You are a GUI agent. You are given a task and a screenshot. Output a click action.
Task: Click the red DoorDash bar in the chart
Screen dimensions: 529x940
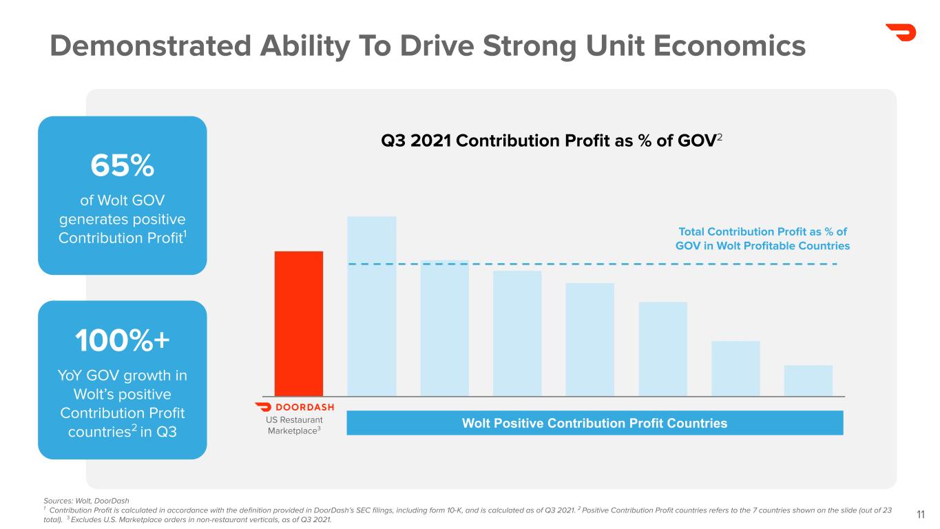pos(299,323)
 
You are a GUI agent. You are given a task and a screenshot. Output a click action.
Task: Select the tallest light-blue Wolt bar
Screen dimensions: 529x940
pos(372,306)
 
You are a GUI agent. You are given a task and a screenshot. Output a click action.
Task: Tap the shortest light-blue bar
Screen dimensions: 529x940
pos(808,380)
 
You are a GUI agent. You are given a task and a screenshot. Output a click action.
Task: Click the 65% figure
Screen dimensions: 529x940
pos(123,165)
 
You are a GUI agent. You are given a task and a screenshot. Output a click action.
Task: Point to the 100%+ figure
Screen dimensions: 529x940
pos(123,341)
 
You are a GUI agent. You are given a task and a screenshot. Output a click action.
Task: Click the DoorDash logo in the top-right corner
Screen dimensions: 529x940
pos(900,32)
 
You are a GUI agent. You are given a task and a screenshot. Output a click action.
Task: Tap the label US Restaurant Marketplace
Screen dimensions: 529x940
pos(295,424)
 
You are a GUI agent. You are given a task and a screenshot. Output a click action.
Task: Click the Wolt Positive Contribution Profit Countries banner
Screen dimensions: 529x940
pos(594,423)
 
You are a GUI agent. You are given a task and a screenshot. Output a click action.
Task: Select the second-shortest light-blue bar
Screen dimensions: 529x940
pos(735,368)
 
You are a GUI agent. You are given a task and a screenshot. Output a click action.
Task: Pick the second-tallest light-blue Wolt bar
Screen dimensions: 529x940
pos(445,328)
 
